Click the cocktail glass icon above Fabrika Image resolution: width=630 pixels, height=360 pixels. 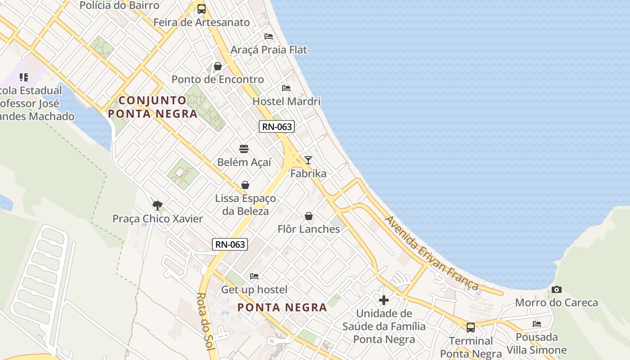point(308,160)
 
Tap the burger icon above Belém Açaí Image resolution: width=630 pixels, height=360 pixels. point(244,148)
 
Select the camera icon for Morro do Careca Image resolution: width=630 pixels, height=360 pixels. point(557,289)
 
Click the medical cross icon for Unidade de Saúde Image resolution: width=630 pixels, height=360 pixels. point(384,300)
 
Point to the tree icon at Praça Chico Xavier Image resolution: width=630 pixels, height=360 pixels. point(157,206)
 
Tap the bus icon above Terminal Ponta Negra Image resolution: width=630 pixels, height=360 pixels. point(471,327)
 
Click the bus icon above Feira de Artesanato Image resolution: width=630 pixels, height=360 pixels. point(202,9)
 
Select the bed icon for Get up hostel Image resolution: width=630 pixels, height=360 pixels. point(254,276)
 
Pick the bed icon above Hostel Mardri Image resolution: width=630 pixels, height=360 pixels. point(286,88)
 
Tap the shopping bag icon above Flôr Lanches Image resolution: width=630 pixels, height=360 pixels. point(309,216)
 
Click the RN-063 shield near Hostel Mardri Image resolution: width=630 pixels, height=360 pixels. point(277,127)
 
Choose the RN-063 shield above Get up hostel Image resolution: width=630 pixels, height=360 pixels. point(230,244)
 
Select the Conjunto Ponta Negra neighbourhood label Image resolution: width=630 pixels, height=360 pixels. point(153,107)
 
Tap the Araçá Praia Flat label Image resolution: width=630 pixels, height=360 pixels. point(269,49)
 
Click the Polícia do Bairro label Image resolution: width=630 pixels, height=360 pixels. point(119,5)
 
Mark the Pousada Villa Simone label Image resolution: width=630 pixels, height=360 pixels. point(537,343)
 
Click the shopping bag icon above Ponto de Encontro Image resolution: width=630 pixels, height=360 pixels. point(218,66)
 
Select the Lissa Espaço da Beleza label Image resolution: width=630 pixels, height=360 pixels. point(246,205)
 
